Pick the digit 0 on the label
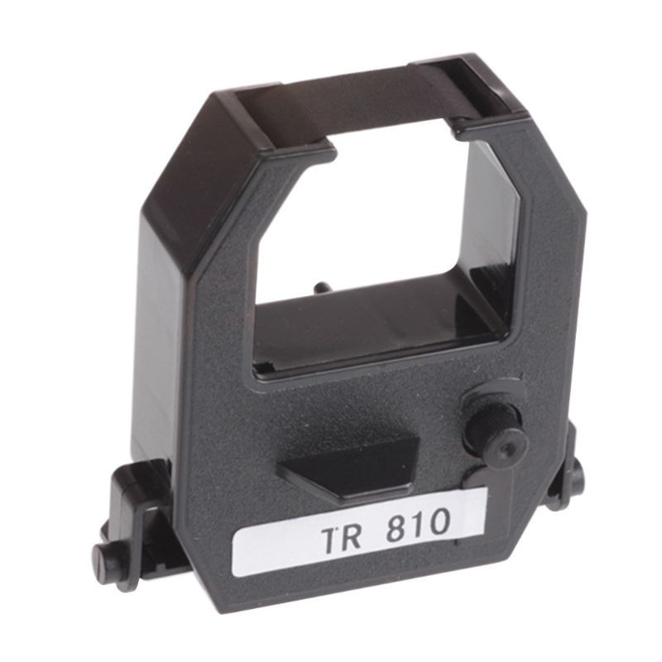[439, 521]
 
